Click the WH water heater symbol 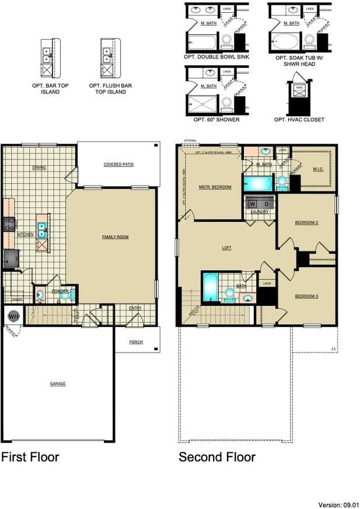tap(13, 317)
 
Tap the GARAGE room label tap(57, 384)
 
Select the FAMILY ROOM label tap(115, 237)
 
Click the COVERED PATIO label tap(118, 165)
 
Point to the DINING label tap(39, 168)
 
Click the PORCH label tap(137, 343)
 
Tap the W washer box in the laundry tap(253, 204)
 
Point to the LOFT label tap(227, 248)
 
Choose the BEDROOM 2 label tap(306, 222)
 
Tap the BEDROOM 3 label tap(306, 297)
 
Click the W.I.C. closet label tap(318, 170)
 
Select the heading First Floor tap(30, 457)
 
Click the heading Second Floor tap(217, 457)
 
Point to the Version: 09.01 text tap(338, 504)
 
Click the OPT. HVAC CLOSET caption tap(299, 120)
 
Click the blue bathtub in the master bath tap(257, 183)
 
